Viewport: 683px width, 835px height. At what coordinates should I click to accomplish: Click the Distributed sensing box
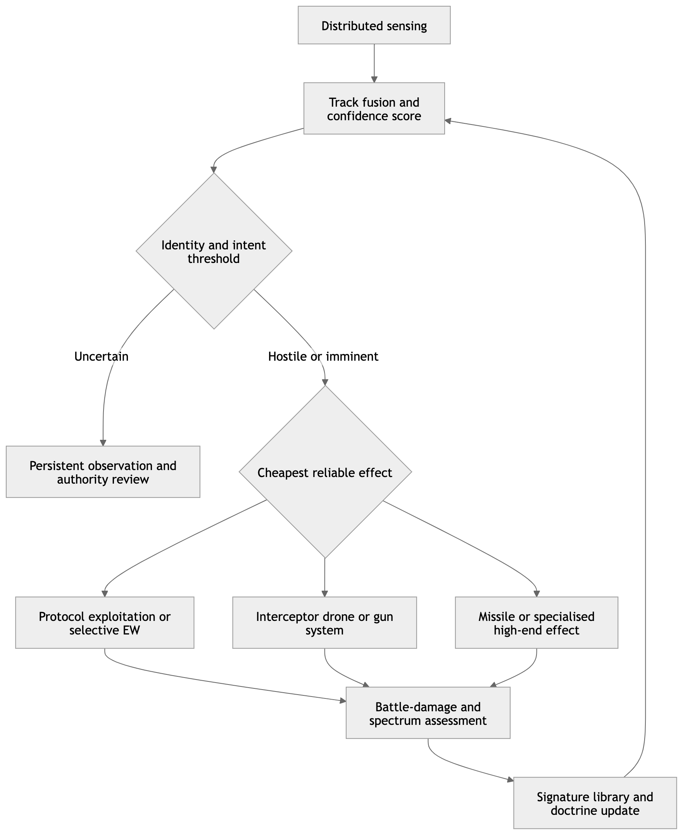374,25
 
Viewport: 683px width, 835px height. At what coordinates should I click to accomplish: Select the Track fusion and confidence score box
374,108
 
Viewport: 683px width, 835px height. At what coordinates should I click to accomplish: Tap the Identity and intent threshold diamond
214,251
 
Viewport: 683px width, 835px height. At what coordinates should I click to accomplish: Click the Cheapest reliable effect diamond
325,472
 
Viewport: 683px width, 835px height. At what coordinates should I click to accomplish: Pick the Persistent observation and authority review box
103,472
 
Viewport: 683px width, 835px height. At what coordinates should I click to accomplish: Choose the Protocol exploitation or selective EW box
105,622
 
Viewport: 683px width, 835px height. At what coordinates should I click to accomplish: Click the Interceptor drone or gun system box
324,622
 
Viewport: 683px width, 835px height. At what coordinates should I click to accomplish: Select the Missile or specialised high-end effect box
536,622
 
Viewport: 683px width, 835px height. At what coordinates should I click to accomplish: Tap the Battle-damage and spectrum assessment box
428,712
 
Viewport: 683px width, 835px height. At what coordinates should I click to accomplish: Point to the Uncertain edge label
102,356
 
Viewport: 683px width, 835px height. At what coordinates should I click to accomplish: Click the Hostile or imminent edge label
323,356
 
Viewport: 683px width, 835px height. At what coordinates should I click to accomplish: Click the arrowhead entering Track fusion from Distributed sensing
374,80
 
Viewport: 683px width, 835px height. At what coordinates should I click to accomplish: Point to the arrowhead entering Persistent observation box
103,443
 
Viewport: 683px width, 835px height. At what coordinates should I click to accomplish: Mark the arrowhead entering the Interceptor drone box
324,594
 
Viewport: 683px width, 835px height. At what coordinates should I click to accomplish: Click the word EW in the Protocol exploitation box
132,630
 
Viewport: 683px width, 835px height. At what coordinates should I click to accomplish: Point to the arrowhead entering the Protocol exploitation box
105,594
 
